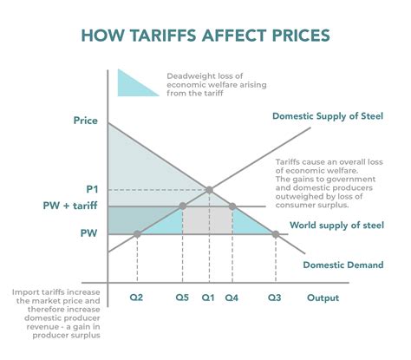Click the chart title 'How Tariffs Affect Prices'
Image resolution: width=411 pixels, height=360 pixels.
[x=205, y=36]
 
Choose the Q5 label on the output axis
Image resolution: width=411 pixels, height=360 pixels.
[x=182, y=298]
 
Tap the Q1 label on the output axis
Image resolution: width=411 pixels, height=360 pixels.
[x=209, y=298]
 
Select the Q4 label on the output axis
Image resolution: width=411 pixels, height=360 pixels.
[x=232, y=298]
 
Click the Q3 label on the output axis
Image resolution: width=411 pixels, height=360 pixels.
[x=274, y=298]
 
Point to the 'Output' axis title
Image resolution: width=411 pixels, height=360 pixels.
[x=323, y=298]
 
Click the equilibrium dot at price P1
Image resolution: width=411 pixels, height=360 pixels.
[x=209, y=189]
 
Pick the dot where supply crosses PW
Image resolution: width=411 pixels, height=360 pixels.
[x=139, y=233]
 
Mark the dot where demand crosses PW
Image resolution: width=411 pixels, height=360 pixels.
[x=274, y=233]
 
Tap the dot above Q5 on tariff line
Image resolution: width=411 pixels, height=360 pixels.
[x=182, y=206]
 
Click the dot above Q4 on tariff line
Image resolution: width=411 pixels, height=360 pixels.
[x=232, y=206]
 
